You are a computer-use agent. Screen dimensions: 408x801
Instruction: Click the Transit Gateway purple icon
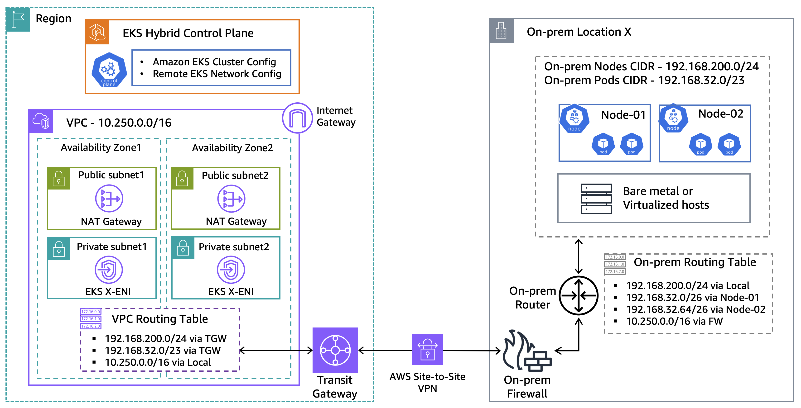point(335,350)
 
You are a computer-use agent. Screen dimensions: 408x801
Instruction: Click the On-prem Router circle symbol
point(578,295)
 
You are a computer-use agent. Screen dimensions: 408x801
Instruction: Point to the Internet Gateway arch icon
point(297,118)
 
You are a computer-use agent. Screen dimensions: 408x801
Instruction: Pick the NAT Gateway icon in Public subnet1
point(109,199)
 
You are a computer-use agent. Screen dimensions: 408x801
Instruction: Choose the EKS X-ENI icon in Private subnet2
point(231,270)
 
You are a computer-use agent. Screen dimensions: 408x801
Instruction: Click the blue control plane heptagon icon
point(109,70)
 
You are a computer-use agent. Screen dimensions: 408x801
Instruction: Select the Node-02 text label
point(720,114)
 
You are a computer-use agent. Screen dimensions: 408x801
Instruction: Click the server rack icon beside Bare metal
point(596,199)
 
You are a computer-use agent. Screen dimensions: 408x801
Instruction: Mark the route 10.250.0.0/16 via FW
point(674,321)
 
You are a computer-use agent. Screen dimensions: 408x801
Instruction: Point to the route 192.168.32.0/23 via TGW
point(162,350)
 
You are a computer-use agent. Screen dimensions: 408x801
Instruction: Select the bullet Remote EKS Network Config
point(217,74)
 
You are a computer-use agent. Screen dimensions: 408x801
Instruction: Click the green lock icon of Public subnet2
point(182,178)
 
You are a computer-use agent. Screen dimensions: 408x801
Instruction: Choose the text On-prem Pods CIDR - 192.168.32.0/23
point(644,80)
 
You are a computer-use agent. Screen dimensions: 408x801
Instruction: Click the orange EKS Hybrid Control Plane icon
point(97,32)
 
